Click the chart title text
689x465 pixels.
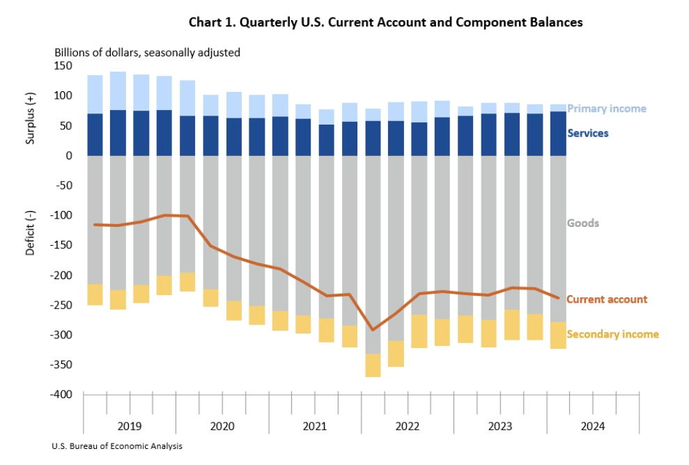pos(385,22)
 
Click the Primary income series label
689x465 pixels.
pos(606,109)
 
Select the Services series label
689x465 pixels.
pos(587,133)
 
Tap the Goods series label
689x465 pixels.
pos(582,223)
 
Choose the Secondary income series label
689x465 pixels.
pos(612,334)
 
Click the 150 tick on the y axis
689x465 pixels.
pos(63,66)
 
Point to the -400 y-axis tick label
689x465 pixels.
pos(61,395)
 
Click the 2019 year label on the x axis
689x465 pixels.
pos(129,425)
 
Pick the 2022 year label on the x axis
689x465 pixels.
pos(408,425)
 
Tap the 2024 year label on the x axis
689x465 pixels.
pos(593,425)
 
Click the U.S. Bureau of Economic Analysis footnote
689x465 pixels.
pos(116,446)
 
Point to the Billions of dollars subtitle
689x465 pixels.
pos(147,52)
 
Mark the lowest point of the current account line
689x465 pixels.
pos(373,330)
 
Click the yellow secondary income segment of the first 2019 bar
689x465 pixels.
pos(95,294)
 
